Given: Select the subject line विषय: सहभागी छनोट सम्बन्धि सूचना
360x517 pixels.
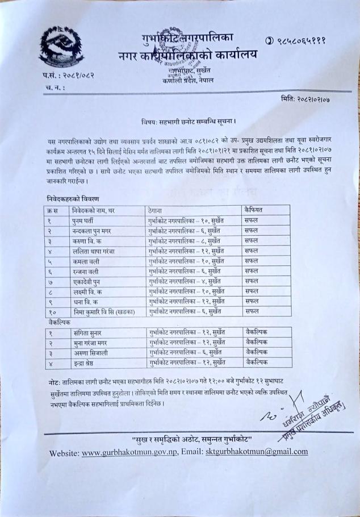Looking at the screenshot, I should click(x=188, y=122).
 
